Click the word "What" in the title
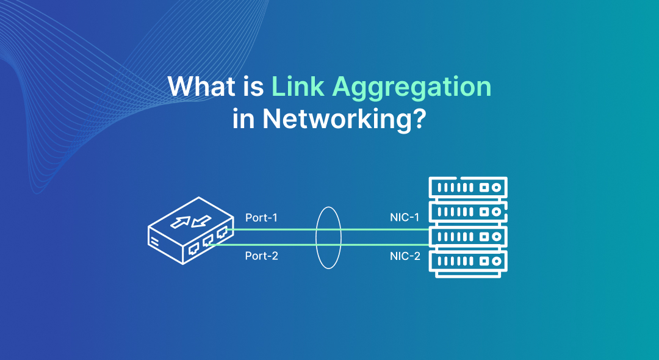tap(195, 87)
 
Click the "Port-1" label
tap(261, 218)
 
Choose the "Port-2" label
tap(261, 256)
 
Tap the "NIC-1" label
tap(405, 218)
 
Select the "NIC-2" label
tap(405, 256)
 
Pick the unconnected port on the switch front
tap(193, 248)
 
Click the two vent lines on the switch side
tap(155, 241)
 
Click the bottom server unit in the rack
tap(468, 261)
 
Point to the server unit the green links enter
tap(468, 236)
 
